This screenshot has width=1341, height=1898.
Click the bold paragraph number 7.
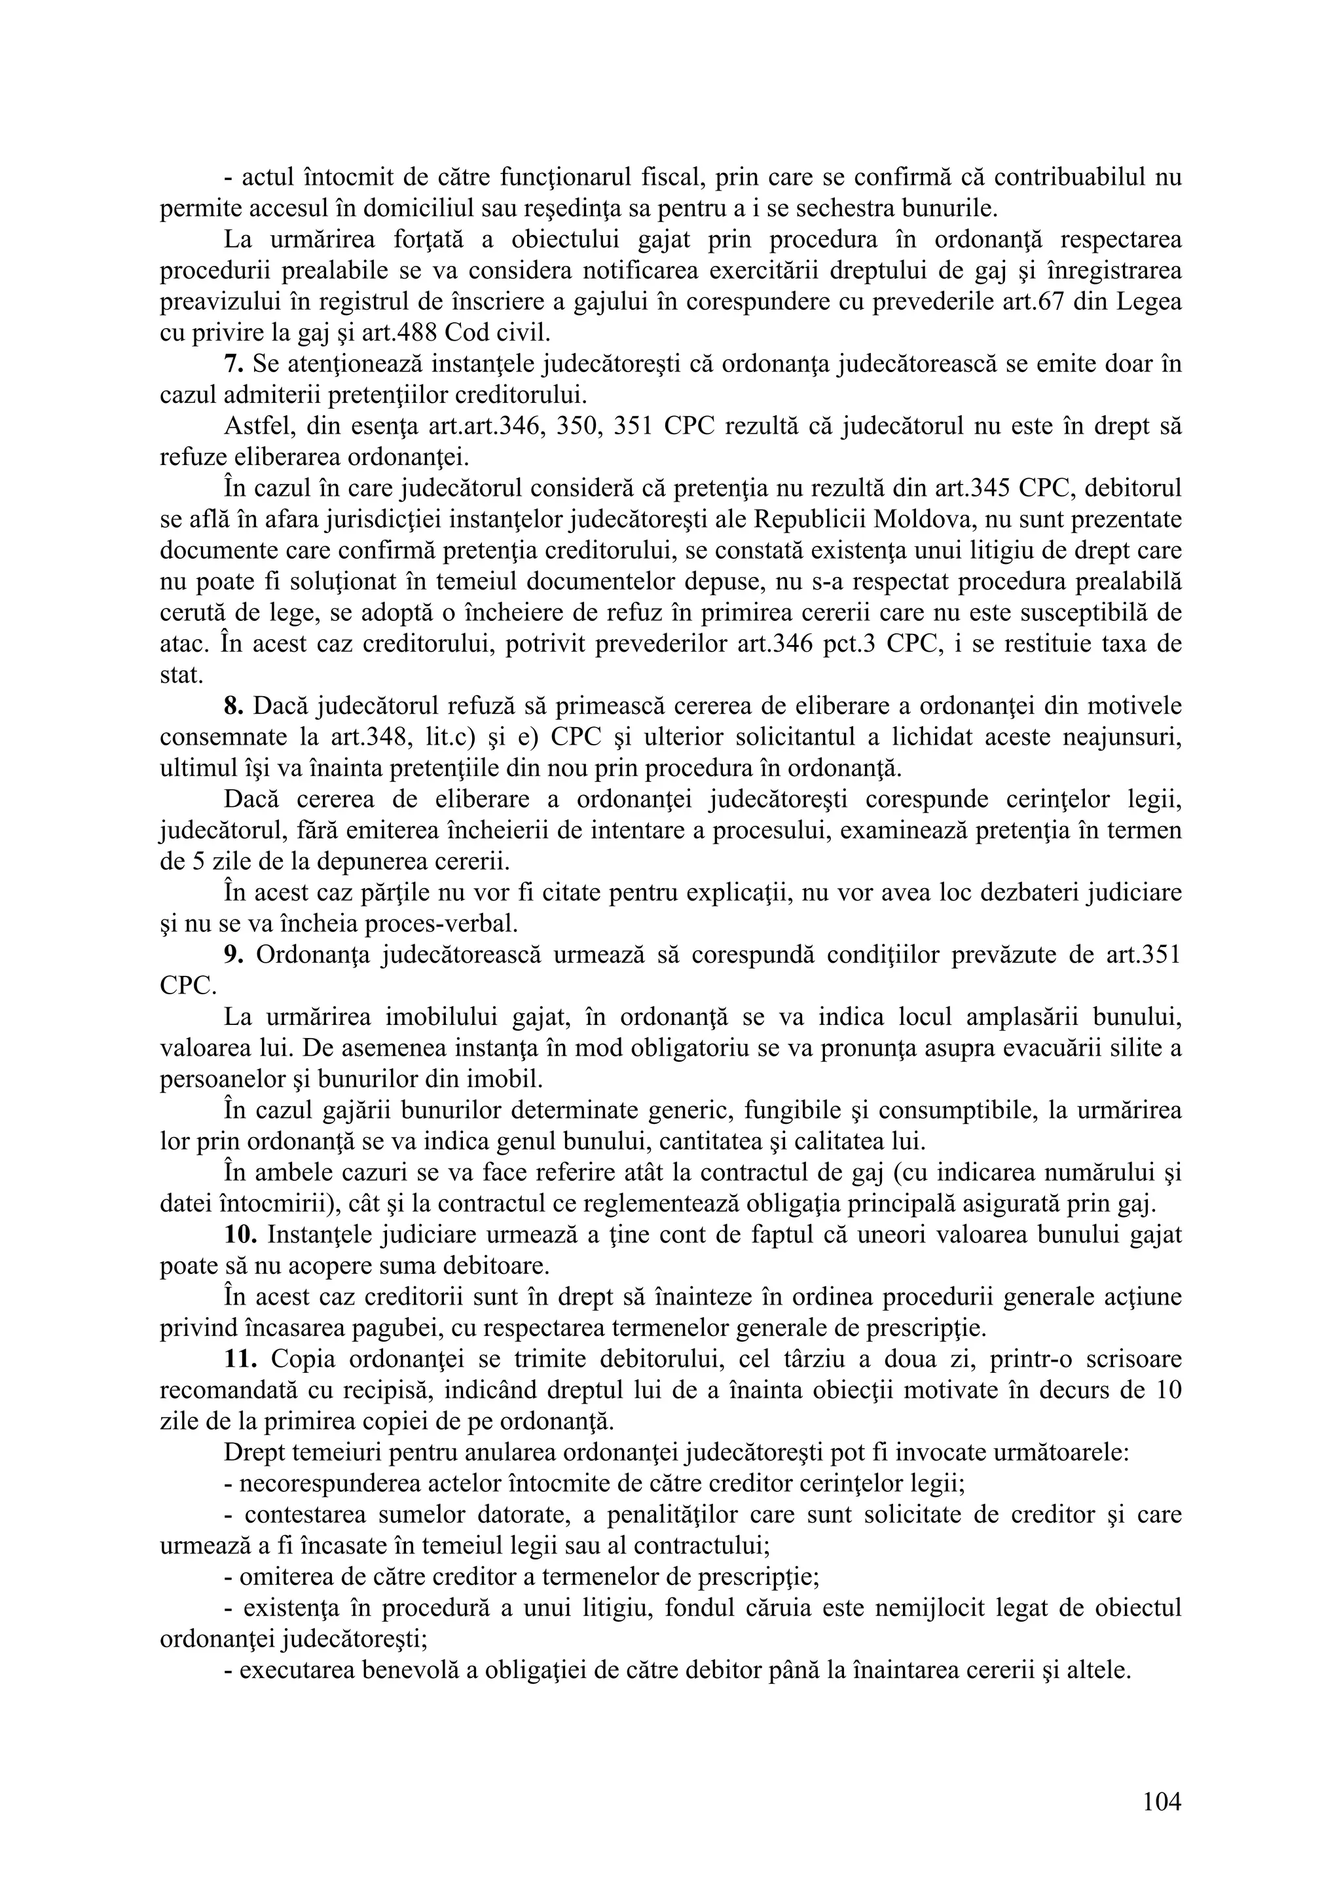[232, 363]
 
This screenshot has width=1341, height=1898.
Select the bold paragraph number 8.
[232, 706]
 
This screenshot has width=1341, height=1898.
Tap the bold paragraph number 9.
[232, 955]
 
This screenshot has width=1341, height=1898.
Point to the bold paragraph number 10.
[240, 1235]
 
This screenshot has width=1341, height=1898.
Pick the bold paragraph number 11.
[240, 1359]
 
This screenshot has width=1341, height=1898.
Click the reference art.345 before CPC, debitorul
[962, 489]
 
